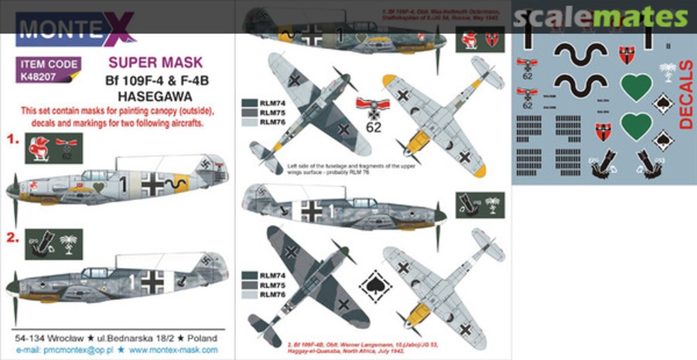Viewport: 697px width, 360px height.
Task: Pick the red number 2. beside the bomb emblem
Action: (x=11, y=237)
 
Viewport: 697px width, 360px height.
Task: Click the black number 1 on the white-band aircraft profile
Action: (x=123, y=183)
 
